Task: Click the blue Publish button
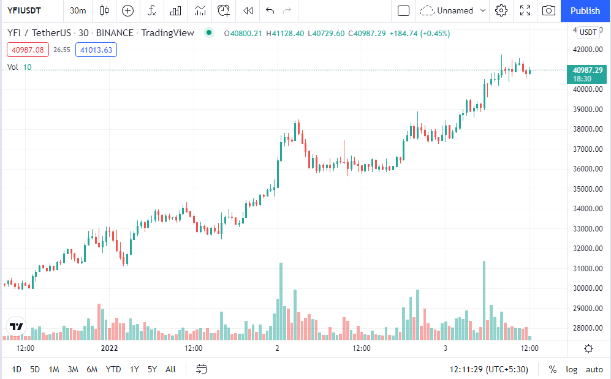pos(585,10)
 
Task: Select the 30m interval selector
pos(78,10)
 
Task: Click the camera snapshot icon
pos(549,10)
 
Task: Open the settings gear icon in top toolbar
pos(501,10)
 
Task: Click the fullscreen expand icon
pos(525,10)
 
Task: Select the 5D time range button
pos(35,369)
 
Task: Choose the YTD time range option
pos(113,369)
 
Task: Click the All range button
pos(170,369)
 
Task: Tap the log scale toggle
pos(571,369)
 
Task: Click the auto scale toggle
pos(594,369)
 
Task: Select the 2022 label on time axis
pos(109,348)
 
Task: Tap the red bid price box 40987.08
pos(28,50)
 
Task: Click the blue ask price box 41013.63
pos(96,50)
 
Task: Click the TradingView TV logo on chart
pos(17,326)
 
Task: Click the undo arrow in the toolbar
pos(270,10)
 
